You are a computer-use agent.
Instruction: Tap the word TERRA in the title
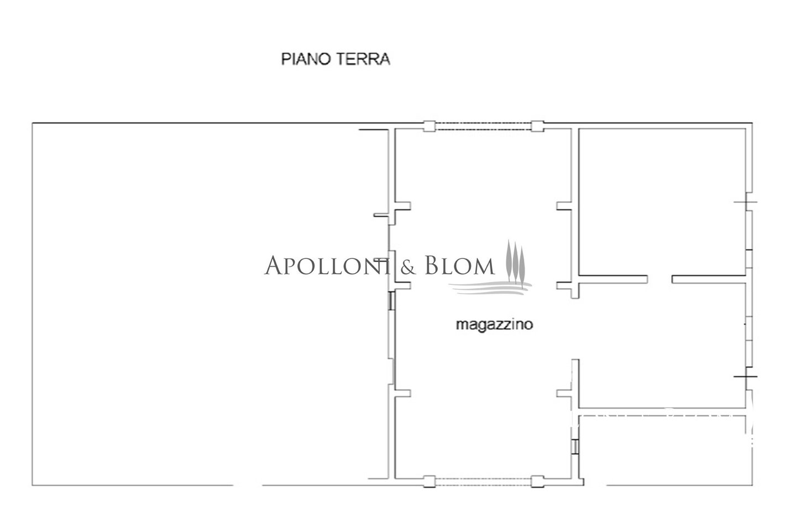tap(363, 59)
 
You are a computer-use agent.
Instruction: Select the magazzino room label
tap(494, 325)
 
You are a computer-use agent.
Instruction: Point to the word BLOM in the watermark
tap(460, 265)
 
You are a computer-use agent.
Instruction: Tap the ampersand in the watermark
tap(409, 267)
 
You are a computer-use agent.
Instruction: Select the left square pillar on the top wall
tap(430, 126)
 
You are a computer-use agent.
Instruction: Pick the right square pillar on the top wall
tap(537, 126)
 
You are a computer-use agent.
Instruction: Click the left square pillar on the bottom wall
tap(430, 482)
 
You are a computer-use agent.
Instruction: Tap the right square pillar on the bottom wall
tap(537, 482)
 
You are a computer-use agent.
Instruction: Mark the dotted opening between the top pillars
tap(483, 126)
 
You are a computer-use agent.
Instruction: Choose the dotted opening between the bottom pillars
tap(483, 482)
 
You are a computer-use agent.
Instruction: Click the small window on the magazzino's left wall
tap(391, 300)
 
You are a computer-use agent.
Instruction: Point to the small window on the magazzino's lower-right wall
tap(575, 447)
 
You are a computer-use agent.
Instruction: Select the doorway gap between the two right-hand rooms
tap(660, 279)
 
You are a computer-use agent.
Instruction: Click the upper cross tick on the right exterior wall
tap(746, 202)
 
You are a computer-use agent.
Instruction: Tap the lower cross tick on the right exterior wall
tap(746, 376)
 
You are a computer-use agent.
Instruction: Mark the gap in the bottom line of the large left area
tap(248, 485)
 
